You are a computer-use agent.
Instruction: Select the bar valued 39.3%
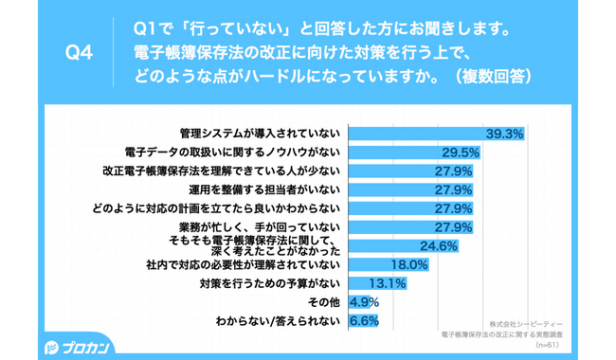click(x=417, y=134)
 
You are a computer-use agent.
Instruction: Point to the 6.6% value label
click(x=365, y=321)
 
